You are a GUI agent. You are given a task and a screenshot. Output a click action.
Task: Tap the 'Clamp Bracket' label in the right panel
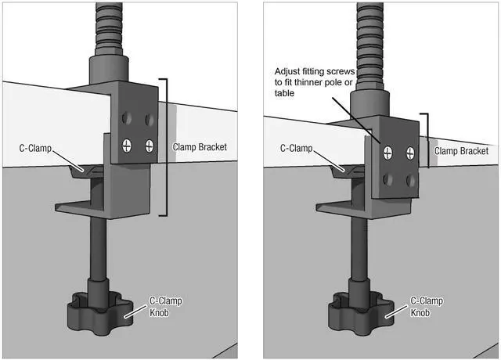pyautogui.click(x=461, y=151)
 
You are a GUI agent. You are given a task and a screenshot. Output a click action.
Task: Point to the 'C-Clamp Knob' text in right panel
pyautogui.click(x=427, y=307)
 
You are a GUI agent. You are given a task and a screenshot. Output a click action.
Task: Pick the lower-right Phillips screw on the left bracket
pyautogui.click(x=149, y=145)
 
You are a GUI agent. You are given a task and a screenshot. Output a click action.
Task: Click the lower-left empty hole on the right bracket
pyautogui.click(x=387, y=179)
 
